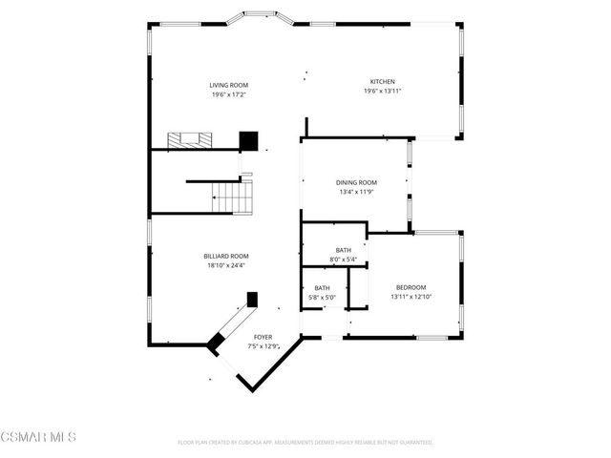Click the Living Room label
coord(229,86)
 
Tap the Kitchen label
coord(382,82)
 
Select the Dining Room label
coord(356,182)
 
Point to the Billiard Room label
coord(226,256)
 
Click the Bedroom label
coord(411,287)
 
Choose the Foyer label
coord(263,338)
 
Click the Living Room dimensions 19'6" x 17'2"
coord(229,94)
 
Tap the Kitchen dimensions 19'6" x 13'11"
coord(382,91)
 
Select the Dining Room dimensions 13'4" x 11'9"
coord(356,191)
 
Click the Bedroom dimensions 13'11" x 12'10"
coord(411,296)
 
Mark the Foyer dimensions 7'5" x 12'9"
coord(263,346)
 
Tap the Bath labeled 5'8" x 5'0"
coord(323,292)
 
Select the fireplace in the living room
coord(189,139)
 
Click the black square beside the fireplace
coord(249,140)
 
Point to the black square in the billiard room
coord(253,299)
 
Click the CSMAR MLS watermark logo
coord(38,437)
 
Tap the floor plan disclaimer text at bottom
coord(305,443)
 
